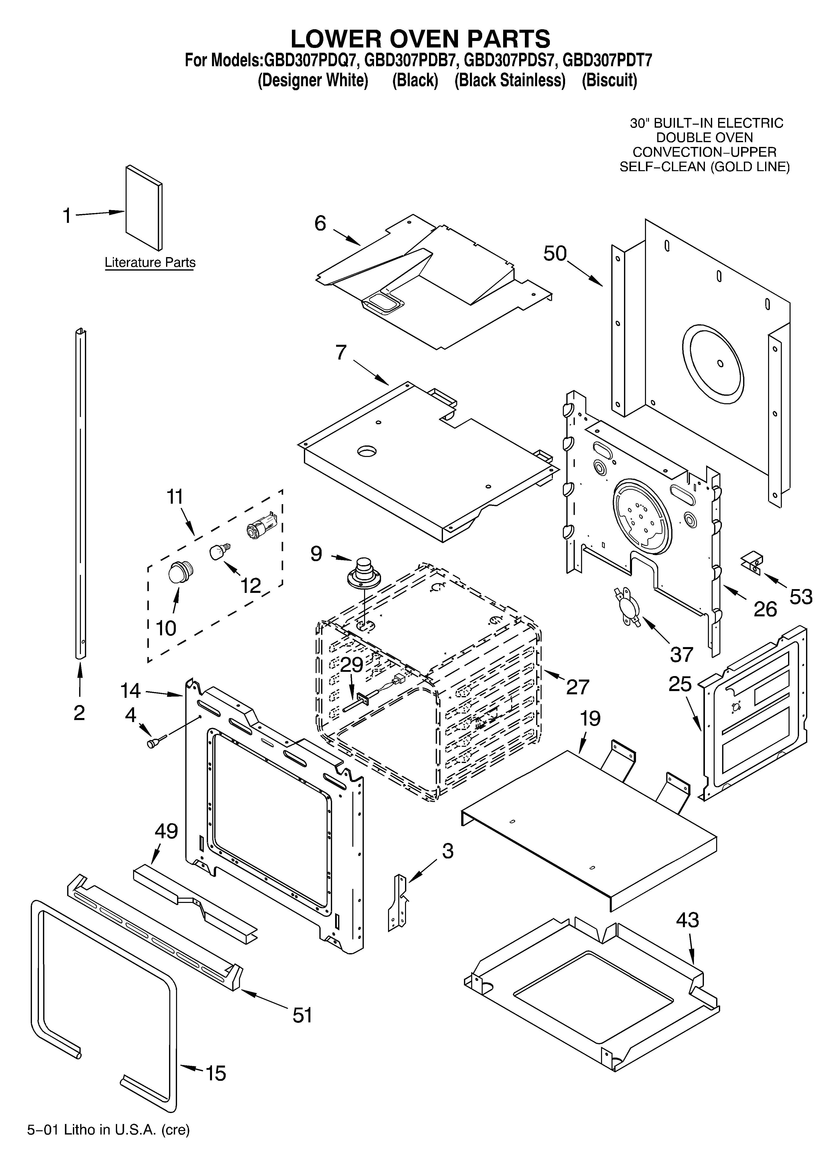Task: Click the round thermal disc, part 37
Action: (x=628, y=606)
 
